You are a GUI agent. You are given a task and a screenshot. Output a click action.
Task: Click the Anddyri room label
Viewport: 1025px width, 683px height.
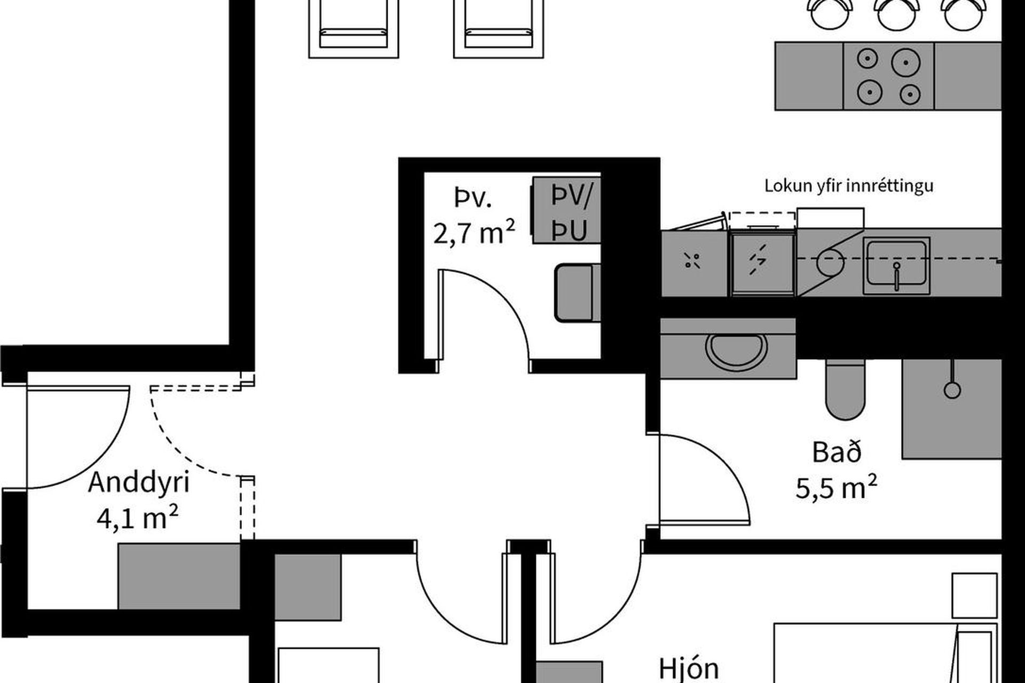(x=139, y=482)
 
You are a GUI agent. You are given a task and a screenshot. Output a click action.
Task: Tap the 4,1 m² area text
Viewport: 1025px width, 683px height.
(x=137, y=517)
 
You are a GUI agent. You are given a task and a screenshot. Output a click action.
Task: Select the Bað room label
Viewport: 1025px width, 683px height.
(x=837, y=452)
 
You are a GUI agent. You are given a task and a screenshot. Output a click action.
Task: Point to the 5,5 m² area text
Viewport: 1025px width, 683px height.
(x=836, y=487)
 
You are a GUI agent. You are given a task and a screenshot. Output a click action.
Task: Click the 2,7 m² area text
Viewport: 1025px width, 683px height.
(x=474, y=233)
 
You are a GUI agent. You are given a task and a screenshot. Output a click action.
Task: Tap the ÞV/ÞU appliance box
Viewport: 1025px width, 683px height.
(x=567, y=210)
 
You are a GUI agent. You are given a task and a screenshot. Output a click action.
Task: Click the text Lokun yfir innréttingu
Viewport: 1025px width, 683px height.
(x=849, y=186)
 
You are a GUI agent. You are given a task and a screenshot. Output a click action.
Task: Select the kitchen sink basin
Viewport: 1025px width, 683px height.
(x=897, y=266)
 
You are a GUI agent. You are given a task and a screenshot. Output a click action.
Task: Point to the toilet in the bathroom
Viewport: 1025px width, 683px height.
(x=845, y=390)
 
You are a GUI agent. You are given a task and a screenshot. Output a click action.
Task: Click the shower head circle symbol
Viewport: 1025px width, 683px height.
(x=952, y=390)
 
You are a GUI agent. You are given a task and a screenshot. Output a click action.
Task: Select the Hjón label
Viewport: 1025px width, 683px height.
(x=689, y=669)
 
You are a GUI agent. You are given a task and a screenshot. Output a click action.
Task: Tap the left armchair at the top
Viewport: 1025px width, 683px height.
(x=353, y=28)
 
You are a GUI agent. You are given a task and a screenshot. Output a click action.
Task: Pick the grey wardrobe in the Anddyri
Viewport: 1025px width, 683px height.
(x=179, y=576)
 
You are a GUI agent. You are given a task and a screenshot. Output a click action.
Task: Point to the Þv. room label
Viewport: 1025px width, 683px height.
(x=473, y=198)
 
